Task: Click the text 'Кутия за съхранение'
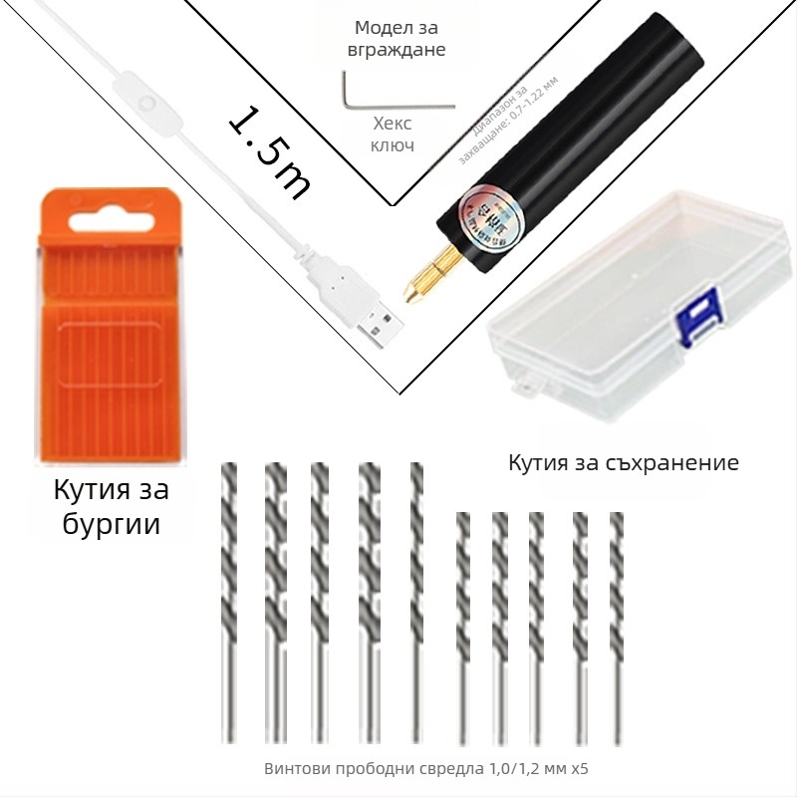click(x=624, y=462)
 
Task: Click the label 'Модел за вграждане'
click(x=396, y=39)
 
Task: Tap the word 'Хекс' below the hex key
click(x=392, y=124)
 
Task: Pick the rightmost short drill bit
click(x=616, y=628)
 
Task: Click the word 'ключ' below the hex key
click(x=392, y=145)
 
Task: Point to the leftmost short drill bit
click(x=462, y=628)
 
